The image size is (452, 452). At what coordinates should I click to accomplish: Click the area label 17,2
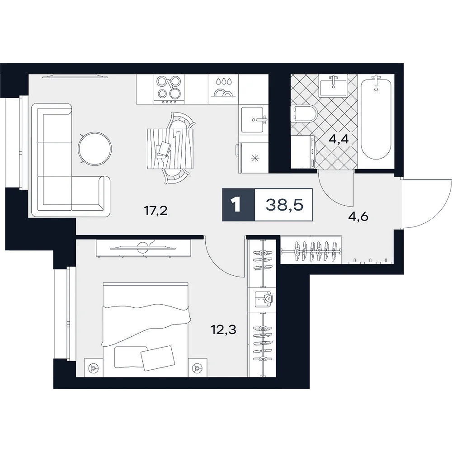(x=155, y=211)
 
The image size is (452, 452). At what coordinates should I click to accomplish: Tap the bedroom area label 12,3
(x=223, y=329)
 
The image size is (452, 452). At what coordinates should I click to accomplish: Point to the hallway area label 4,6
(x=358, y=216)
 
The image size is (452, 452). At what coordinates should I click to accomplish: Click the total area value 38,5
(x=284, y=205)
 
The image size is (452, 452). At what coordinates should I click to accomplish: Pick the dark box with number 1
(x=239, y=205)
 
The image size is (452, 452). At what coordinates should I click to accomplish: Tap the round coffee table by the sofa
(x=95, y=148)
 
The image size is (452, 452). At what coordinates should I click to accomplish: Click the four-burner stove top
(x=169, y=89)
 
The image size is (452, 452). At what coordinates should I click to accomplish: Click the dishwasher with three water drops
(x=223, y=89)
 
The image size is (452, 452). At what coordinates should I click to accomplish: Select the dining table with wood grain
(x=169, y=149)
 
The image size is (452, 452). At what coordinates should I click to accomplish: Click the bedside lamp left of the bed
(x=93, y=368)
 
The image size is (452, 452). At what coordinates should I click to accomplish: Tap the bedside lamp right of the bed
(x=198, y=367)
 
